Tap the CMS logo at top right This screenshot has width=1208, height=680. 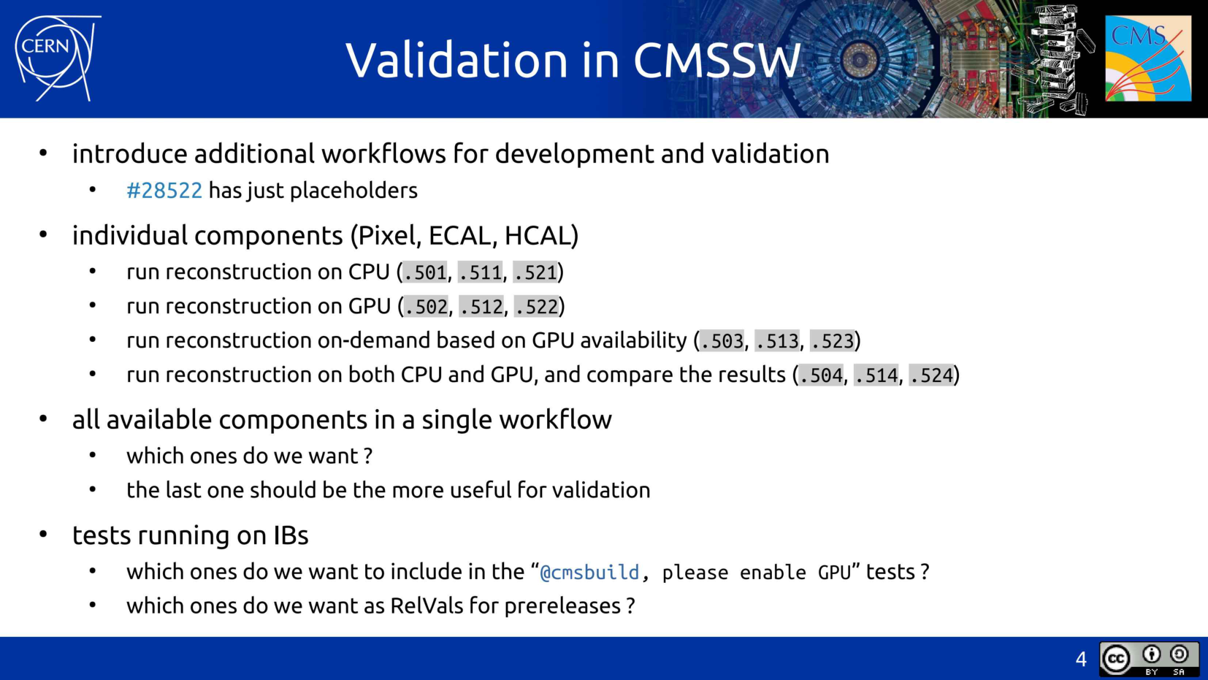[1147, 58]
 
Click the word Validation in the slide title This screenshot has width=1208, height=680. [456, 60]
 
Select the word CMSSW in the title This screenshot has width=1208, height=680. [716, 60]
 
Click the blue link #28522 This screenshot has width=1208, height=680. [164, 191]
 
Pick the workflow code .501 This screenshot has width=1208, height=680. [425, 272]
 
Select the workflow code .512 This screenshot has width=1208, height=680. [481, 307]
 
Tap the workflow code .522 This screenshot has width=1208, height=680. [537, 307]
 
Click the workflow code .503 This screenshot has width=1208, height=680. [722, 341]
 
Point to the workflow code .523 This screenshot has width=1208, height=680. [832, 341]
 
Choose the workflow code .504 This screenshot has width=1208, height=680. [821, 375]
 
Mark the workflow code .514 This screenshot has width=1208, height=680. [876, 375]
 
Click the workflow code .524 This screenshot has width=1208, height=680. [932, 375]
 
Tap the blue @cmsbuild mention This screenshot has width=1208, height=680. [589, 572]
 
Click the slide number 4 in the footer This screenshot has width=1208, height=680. [1081, 660]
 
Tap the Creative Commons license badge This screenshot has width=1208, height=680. [1149, 660]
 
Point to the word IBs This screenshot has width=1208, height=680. [291, 535]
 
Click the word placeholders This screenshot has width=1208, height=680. [353, 191]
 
